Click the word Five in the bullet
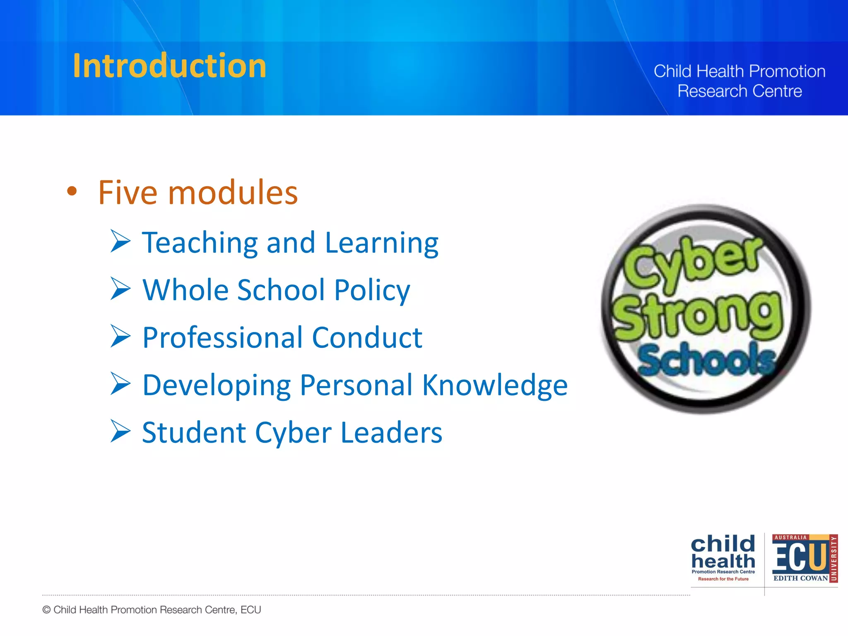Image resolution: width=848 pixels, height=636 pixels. click(128, 193)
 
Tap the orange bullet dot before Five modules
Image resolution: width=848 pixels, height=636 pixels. click(72, 191)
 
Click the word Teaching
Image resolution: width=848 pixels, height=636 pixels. click(200, 243)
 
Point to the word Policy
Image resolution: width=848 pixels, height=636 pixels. click(372, 291)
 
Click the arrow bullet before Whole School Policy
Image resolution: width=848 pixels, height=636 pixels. click(120, 289)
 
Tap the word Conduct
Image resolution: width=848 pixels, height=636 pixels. click(367, 337)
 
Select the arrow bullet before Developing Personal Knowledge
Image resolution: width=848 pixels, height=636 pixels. click(120, 384)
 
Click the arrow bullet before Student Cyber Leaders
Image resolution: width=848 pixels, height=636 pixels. click(120, 431)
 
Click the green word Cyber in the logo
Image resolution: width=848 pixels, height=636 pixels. click(691, 263)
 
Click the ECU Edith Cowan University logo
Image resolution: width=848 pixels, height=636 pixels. click(804, 558)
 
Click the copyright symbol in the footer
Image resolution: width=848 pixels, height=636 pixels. click(46, 610)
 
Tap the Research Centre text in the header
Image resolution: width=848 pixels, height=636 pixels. click(740, 91)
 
